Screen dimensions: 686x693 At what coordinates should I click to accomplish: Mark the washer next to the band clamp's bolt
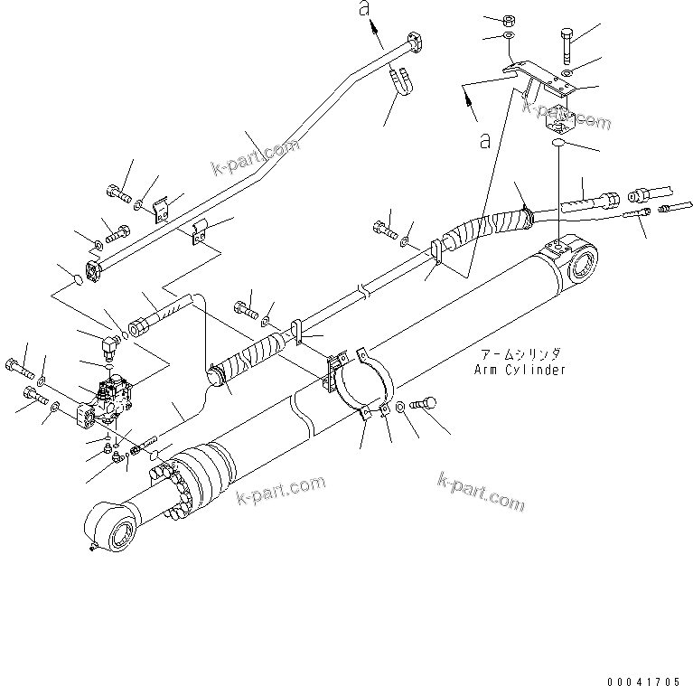[406, 409]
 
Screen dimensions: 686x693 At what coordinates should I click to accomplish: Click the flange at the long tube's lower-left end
[94, 268]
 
